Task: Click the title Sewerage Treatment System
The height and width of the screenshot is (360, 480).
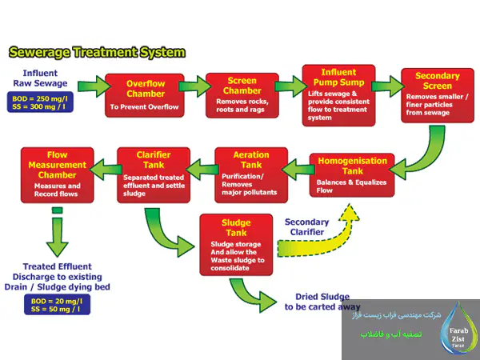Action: click(96, 53)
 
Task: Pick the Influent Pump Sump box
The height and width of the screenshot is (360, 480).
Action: click(338, 94)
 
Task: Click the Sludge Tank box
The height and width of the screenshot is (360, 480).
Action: click(237, 243)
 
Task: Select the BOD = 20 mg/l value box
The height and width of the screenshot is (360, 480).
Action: click(56, 303)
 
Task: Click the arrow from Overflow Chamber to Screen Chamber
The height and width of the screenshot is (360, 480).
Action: click(194, 85)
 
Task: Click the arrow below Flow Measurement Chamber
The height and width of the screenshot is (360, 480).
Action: click(56, 232)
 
